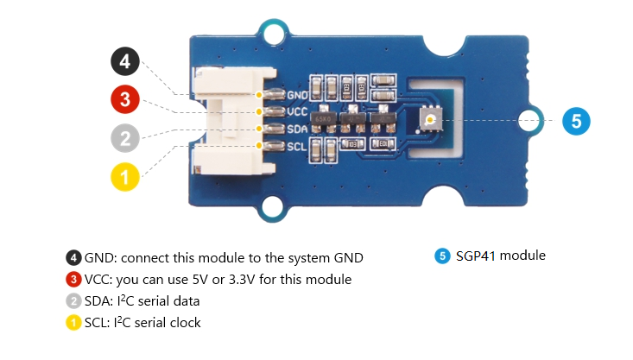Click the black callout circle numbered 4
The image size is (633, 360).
(x=125, y=63)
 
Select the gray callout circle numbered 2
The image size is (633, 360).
(x=125, y=137)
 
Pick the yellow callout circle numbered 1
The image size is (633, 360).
(x=125, y=178)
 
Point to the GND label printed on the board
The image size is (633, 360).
(x=298, y=94)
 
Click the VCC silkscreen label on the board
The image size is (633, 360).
(x=298, y=111)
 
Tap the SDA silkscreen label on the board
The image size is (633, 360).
(x=298, y=129)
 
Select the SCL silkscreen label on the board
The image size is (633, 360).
(x=298, y=146)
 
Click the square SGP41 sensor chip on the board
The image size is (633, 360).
(x=429, y=119)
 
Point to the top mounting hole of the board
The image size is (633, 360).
(x=275, y=35)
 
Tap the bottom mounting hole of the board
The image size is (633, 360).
(x=275, y=208)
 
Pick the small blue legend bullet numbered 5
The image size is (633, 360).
(x=443, y=256)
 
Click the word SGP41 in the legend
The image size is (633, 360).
(x=477, y=256)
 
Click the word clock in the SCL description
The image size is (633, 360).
(x=183, y=323)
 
